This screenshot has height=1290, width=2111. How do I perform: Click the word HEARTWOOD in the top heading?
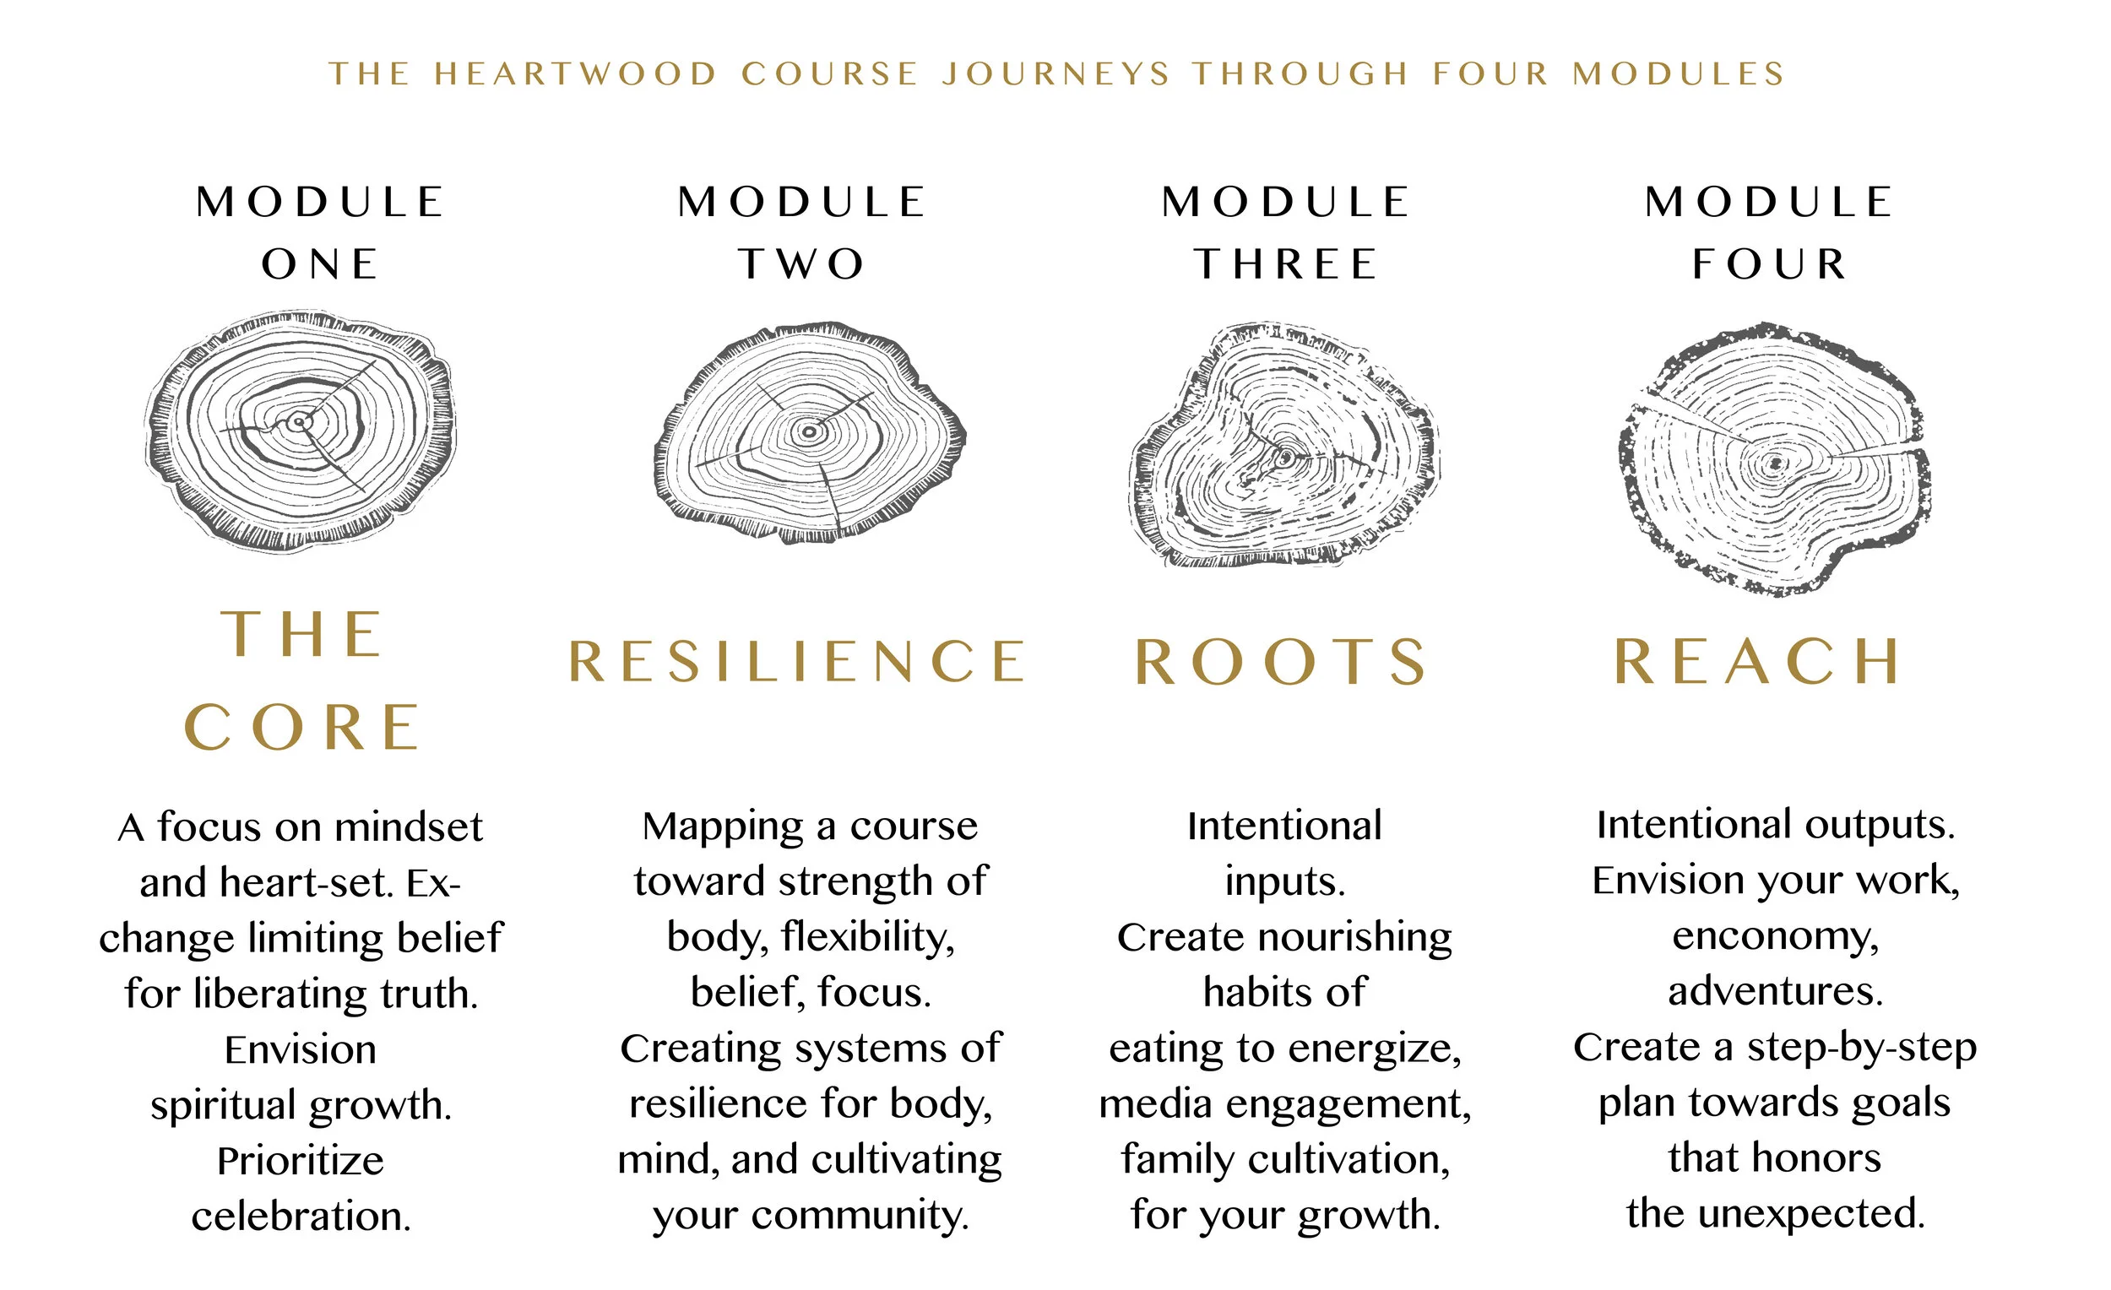(575, 74)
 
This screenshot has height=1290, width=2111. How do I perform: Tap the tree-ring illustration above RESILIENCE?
(810, 433)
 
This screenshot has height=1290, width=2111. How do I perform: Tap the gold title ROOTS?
(1282, 662)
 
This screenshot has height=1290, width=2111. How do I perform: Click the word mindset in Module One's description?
(409, 828)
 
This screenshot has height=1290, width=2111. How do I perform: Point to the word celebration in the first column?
(301, 1217)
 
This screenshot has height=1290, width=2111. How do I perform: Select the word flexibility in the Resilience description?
(867, 938)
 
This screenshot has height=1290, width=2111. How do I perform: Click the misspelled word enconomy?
(1775, 936)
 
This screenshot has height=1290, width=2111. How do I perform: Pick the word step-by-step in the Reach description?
(1862, 1048)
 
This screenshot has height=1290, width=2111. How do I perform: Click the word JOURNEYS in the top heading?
(1056, 74)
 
